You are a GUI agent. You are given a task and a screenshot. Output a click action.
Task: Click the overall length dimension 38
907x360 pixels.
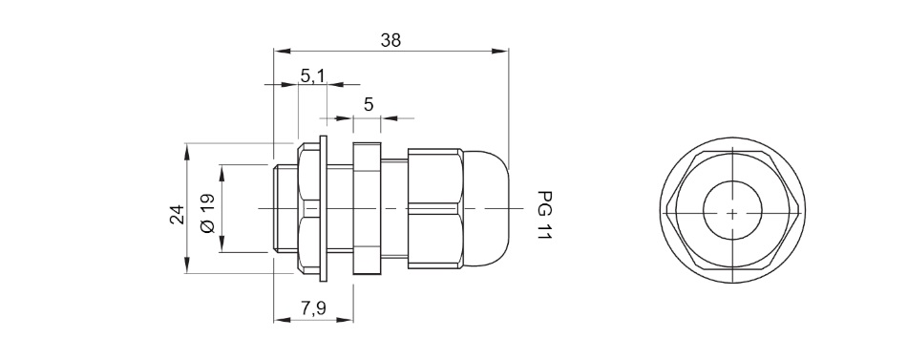click(390, 40)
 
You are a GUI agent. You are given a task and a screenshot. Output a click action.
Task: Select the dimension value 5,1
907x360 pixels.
click(312, 75)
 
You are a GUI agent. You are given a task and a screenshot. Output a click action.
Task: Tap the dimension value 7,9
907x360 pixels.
click(313, 308)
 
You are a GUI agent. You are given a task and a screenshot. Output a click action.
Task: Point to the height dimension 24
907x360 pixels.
click(177, 214)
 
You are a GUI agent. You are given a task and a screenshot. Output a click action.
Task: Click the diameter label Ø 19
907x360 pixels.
click(207, 213)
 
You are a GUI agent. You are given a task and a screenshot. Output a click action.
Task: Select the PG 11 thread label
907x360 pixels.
click(542, 215)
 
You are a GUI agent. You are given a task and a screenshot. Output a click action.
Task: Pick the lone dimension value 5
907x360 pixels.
click(369, 105)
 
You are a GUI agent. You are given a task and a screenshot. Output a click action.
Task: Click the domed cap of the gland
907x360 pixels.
click(486, 209)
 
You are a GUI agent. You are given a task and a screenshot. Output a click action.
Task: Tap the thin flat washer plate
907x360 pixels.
click(324, 208)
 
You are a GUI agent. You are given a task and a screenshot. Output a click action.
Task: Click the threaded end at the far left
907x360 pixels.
click(285, 208)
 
